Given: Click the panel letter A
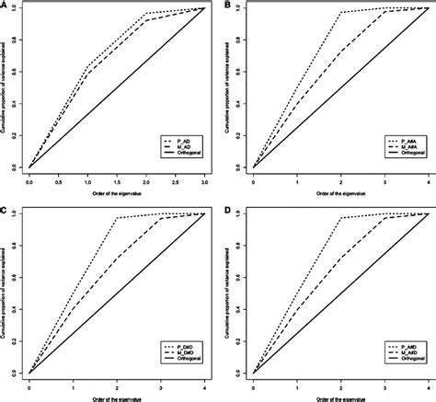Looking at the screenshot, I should [6, 6].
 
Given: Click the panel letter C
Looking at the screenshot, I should [6, 210].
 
